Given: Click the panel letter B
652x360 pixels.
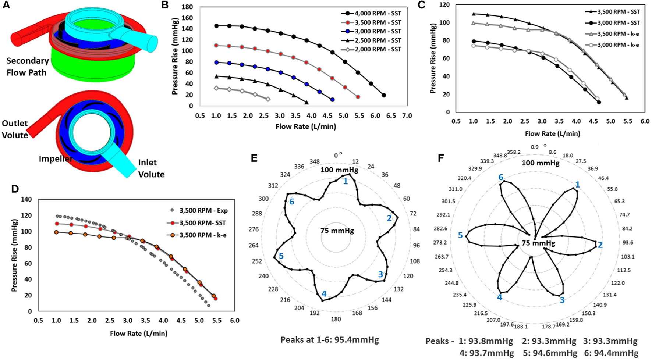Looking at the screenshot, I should click(165, 5).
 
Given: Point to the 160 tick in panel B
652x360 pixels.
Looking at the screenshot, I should click(188, 18).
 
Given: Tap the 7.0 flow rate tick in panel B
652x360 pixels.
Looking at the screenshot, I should click(407, 115).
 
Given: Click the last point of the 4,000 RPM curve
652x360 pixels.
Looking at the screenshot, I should click(384, 95).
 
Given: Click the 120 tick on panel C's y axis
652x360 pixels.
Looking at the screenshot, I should click(445, 5).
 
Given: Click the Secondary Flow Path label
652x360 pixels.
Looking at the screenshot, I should click(27, 67).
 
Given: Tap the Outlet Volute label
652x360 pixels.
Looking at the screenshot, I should click(15, 129).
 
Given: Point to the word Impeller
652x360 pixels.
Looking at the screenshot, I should click(56, 159).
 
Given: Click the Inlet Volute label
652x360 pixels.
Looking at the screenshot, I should click(151, 168).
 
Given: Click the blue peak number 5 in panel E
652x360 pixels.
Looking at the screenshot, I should click(281, 256).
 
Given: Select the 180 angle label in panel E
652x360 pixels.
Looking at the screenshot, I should click(336, 319).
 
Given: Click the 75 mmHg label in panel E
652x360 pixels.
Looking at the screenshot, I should click(337, 231).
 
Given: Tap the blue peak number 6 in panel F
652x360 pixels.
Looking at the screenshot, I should click(501, 177).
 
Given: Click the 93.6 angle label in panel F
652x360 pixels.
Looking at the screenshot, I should click(628, 243).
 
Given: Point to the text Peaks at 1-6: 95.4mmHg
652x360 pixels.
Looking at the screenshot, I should click(329, 340).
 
